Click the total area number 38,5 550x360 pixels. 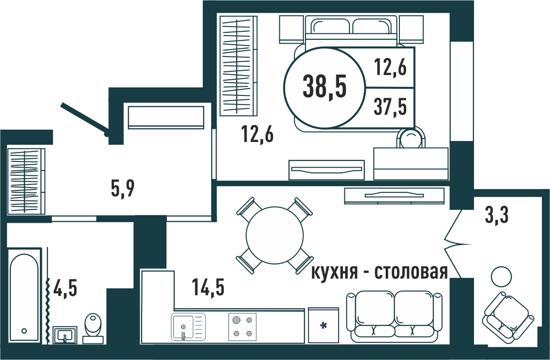click(x=324, y=87)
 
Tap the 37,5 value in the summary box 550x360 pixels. click(x=390, y=106)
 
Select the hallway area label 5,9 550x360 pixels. click(x=123, y=189)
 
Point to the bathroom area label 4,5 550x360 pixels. click(x=65, y=288)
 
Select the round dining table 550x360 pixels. click(x=275, y=236)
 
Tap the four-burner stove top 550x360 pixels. click(x=242, y=327)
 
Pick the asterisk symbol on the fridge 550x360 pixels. click(x=323, y=326)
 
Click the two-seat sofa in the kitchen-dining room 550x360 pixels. click(x=395, y=316)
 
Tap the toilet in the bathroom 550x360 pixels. click(x=93, y=328)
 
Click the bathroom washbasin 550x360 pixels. click(x=65, y=335)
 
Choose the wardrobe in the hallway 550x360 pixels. click(x=26, y=181)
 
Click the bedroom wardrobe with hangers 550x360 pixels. click(x=238, y=66)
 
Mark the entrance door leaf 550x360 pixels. click(x=85, y=119)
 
